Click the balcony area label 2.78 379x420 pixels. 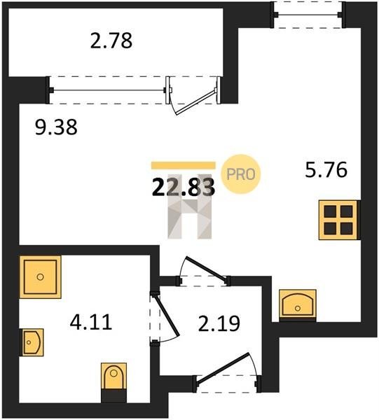pyautogui.click(x=111, y=41)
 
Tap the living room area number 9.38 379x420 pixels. pyautogui.click(x=56, y=127)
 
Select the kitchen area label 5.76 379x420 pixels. pyautogui.click(x=326, y=169)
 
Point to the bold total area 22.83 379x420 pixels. pyautogui.click(x=184, y=187)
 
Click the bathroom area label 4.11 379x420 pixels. pyautogui.click(x=91, y=322)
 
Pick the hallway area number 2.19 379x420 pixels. pyautogui.click(x=219, y=323)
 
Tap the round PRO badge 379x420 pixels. pyautogui.click(x=241, y=174)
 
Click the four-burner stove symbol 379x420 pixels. pyautogui.click(x=338, y=220)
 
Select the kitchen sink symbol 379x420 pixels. pyautogui.click(x=298, y=304)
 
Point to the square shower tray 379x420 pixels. pyautogui.click(x=40, y=277)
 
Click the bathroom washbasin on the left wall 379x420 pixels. pyautogui.click(x=32, y=342)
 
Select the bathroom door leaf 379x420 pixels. pyautogui.click(x=167, y=315)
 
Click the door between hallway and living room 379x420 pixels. pyautogui.click(x=207, y=269)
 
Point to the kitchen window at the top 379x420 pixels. pyautogui.click(x=308, y=15)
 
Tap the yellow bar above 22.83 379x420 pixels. pyautogui.click(x=184, y=165)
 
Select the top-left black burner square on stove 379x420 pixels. pyautogui.click(x=330, y=211)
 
